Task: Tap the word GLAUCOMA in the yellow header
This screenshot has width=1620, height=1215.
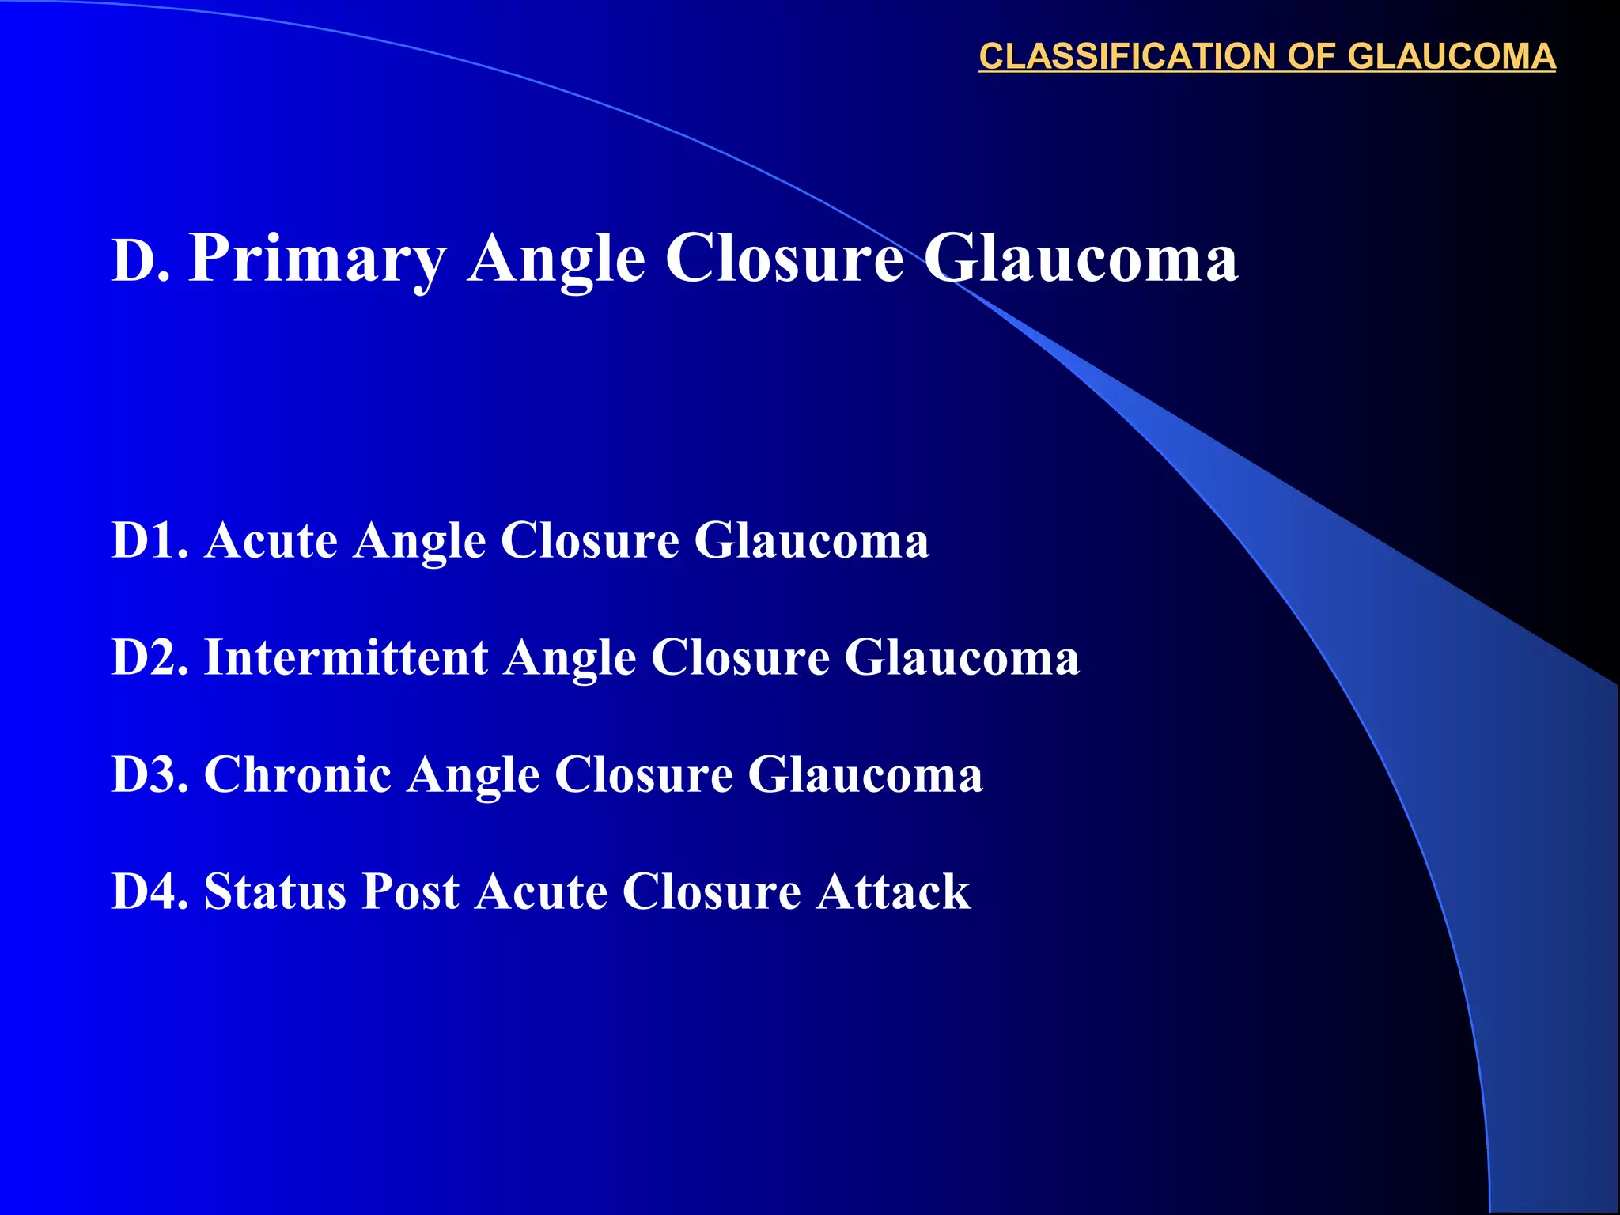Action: [x=1451, y=57]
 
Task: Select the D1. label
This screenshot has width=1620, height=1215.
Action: [x=150, y=541]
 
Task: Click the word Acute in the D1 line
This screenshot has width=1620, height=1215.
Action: [x=271, y=541]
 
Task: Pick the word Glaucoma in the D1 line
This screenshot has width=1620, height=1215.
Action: [x=812, y=541]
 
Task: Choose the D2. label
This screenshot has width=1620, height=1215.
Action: [x=150, y=658]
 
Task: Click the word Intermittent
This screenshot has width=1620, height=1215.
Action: [x=346, y=658]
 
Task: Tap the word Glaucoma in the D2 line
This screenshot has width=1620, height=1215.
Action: [x=961, y=658]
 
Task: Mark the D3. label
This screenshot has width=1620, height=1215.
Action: [x=150, y=774]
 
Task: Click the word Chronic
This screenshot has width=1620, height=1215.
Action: [x=297, y=774]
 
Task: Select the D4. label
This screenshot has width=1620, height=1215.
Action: [x=150, y=892]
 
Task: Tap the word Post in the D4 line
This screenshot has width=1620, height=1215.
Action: [x=410, y=892]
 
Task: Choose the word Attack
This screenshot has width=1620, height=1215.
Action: [x=893, y=892]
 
